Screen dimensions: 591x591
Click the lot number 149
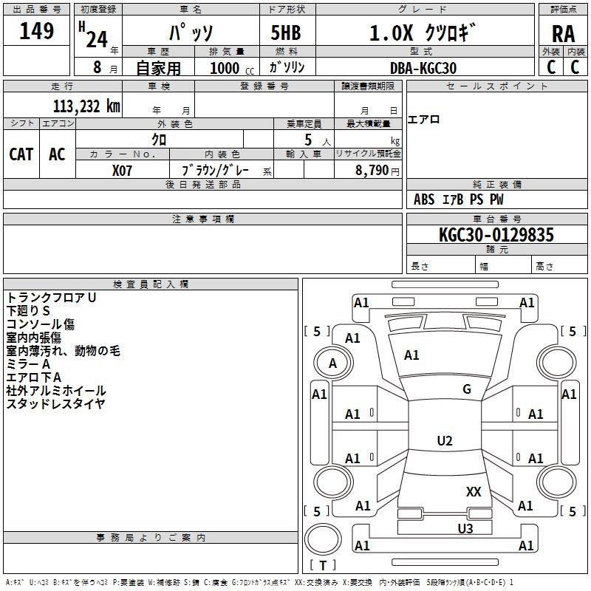[36, 30]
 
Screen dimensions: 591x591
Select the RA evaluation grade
[563, 34]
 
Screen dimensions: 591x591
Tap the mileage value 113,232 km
[86, 106]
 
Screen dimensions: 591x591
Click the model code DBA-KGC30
[423, 68]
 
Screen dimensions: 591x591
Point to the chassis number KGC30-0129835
[496, 234]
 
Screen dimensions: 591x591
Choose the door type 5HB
[286, 33]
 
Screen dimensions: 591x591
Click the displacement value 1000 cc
[232, 68]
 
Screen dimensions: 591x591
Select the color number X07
[122, 171]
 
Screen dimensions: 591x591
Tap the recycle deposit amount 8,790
[372, 170]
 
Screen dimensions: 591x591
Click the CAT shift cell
[21, 154]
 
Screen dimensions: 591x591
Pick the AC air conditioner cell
[57, 154]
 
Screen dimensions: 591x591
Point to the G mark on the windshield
[467, 389]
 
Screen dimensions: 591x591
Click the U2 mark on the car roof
[445, 440]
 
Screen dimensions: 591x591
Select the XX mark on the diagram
[474, 491]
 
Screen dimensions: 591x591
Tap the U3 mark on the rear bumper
[465, 528]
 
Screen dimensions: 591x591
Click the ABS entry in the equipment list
[424, 199]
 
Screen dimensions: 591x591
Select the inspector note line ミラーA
[28, 364]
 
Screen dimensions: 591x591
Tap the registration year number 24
[97, 39]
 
